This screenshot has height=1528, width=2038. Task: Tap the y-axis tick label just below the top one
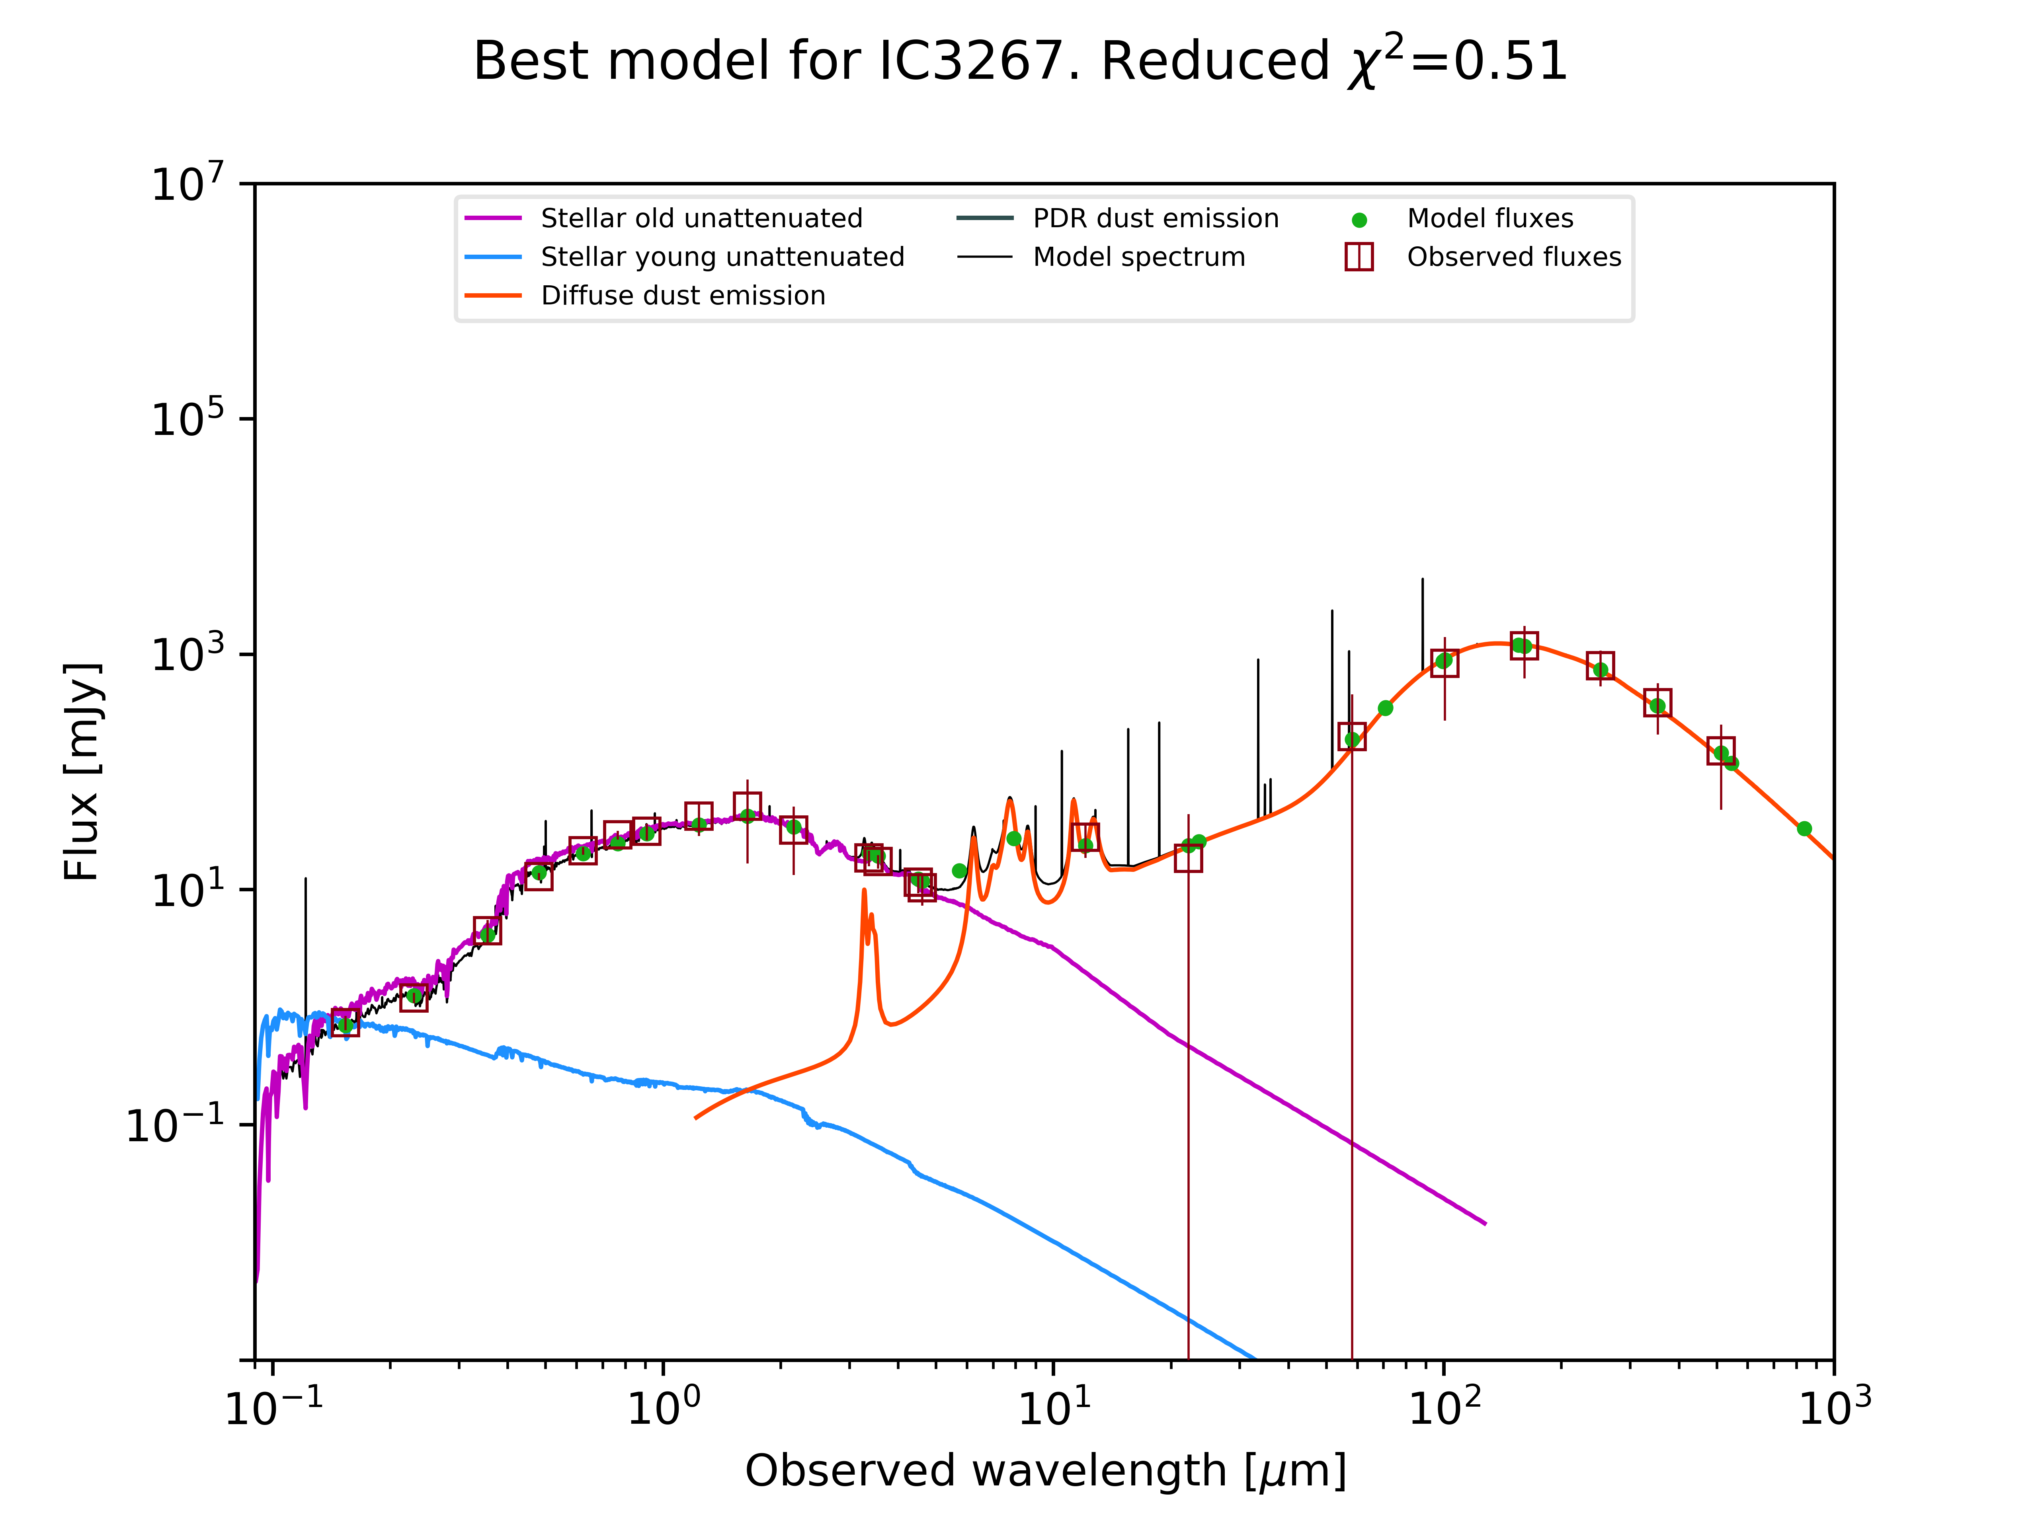[187, 419]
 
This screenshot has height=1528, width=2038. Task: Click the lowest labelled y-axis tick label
[175, 1125]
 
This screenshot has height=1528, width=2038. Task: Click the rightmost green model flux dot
[1804, 829]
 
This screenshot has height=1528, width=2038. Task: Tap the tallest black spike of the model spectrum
[1423, 580]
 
